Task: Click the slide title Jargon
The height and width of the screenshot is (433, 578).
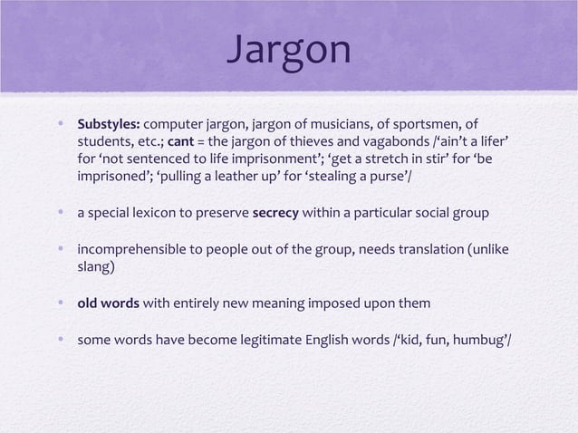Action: coord(288,50)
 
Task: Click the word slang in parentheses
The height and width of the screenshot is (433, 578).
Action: coord(98,268)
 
